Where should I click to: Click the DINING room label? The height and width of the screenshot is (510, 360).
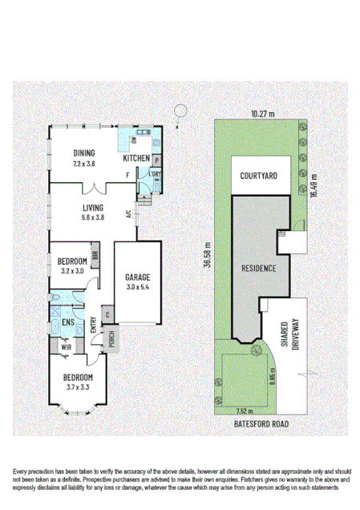pyautogui.click(x=85, y=154)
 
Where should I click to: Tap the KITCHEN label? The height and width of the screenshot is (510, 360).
pyautogui.click(x=136, y=159)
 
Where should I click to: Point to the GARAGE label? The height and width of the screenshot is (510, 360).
pyautogui.click(x=137, y=277)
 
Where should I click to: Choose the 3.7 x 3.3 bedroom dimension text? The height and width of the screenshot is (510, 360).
pyautogui.click(x=79, y=387)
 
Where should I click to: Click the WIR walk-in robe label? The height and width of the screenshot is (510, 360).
pyautogui.click(x=66, y=347)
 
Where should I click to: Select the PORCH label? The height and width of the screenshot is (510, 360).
pyautogui.click(x=111, y=338)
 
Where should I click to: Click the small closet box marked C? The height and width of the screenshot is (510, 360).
pyautogui.click(x=107, y=315)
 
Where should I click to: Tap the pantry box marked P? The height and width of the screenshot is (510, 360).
pyautogui.click(x=156, y=160)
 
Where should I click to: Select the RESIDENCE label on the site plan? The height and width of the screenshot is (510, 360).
pyautogui.click(x=259, y=268)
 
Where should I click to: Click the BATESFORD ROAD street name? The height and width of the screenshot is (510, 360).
pyautogui.click(x=261, y=423)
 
